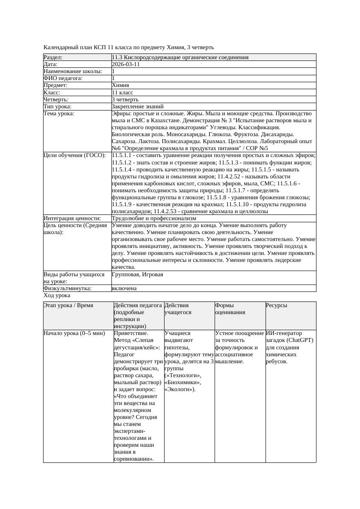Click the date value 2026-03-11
click(x=126, y=64)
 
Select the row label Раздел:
click(x=53, y=57)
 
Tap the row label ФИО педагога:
click(x=63, y=78)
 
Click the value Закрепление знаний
click(x=138, y=106)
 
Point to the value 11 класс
click(x=122, y=93)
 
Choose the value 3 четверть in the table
click(x=125, y=100)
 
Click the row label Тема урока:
click(x=59, y=114)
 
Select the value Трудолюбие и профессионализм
click(x=154, y=218)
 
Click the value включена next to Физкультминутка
click(x=124, y=288)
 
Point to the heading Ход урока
click(x=57, y=295)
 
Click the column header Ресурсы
click(x=276, y=305)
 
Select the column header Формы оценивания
click(x=230, y=309)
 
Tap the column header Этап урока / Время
click(x=68, y=305)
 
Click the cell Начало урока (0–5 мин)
click(x=74, y=333)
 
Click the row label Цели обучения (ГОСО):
click(x=74, y=155)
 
